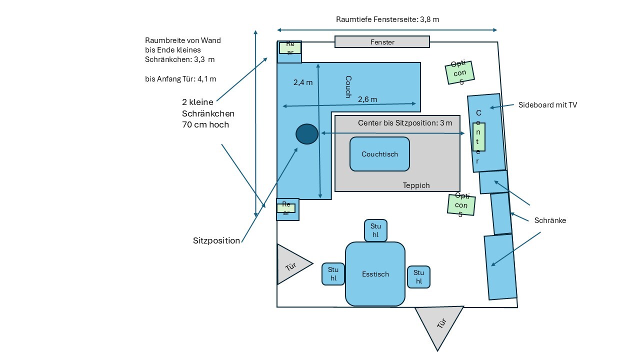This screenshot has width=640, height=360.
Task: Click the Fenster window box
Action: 382,42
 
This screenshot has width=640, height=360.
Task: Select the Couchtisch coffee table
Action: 379,154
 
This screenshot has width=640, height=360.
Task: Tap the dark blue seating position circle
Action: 307,134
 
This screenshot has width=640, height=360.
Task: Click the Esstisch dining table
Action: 375,274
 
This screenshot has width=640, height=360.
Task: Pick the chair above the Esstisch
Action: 375,230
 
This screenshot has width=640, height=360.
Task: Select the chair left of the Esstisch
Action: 333,273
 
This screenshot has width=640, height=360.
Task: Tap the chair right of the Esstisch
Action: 418,276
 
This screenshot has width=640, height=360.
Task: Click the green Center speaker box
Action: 478,136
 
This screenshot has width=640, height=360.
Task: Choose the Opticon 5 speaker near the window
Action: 459,72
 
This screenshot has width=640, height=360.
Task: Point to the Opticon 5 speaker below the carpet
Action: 461,204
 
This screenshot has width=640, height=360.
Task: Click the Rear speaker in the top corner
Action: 290,47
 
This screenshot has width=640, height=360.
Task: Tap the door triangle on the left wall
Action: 291,264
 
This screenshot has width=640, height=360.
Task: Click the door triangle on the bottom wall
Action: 439,325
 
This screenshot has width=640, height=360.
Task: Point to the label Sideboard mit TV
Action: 548,105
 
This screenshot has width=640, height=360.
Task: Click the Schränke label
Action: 550,220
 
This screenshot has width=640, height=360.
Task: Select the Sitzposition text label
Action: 216,240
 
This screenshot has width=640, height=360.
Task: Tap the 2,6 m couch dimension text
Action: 367,99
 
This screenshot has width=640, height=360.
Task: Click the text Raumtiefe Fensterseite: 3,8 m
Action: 387,19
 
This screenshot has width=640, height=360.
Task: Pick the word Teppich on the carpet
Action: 416,185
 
